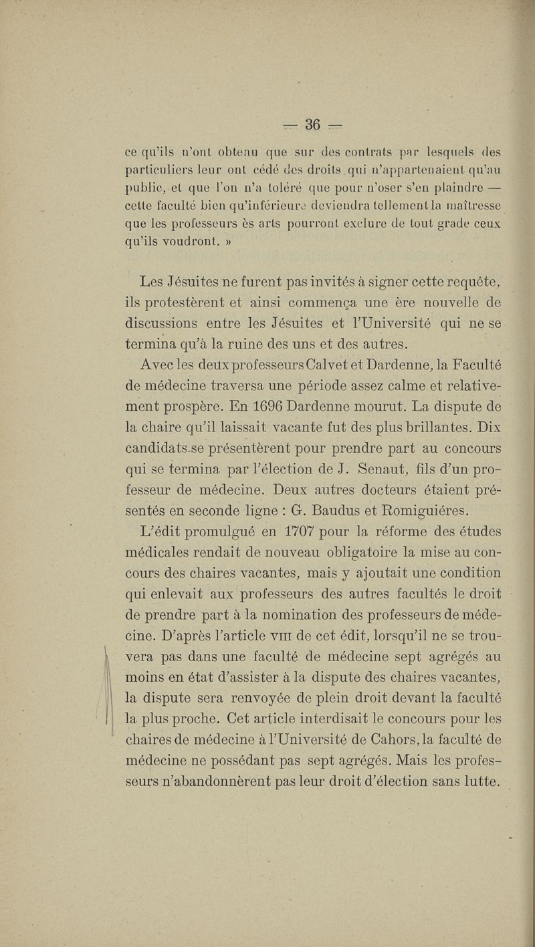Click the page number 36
point(314,124)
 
